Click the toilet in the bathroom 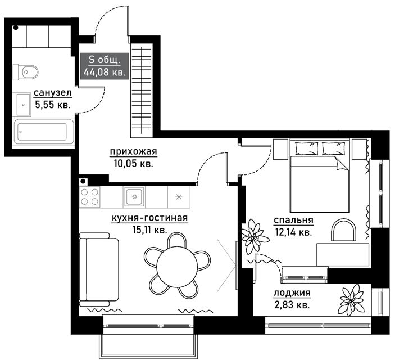coord(25,72)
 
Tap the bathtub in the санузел coord(44,132)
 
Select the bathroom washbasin coord(24,105)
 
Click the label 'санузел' coord(53,93)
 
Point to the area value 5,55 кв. coord(53,105)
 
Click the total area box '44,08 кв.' coord(105,66)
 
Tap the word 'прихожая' coord(134,152)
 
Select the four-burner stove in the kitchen coord(89,197)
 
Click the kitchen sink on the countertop coord(134,196)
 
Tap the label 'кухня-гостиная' coord(149,218)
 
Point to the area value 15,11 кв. coord(149,230)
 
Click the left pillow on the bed coord(306,148)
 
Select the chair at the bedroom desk coord(343,229)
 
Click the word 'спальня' coord(294,220)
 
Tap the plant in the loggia coord(352,299)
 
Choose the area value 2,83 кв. coord(292,305)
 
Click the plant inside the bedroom coord(254,236)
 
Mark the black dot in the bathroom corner coord(16,28)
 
